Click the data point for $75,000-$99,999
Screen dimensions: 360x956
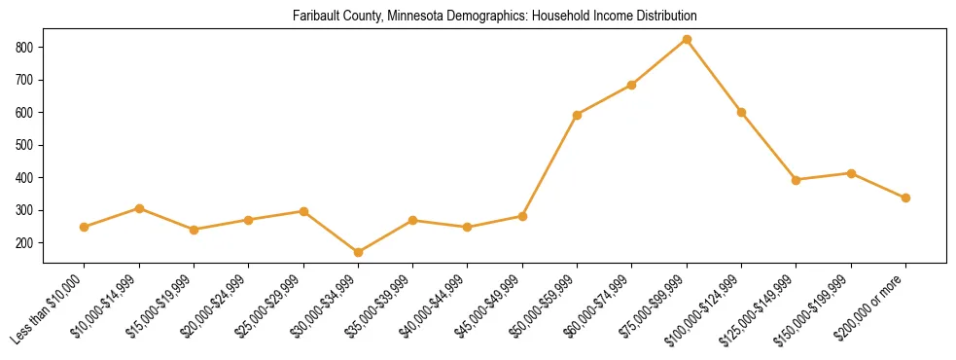point(687,39)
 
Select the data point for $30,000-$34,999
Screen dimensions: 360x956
point(358,252)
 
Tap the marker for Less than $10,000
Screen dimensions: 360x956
point(85,227)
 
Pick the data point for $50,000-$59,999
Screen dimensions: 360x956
point(578,115)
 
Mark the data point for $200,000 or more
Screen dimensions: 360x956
point(905,198)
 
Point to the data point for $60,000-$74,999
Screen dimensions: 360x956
point(632,85)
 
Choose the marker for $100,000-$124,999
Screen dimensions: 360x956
point(741,112)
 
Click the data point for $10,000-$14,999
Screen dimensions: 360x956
point(139,208)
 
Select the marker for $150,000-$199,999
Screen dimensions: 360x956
point(851,173)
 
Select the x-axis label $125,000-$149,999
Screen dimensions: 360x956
point(764,307)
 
